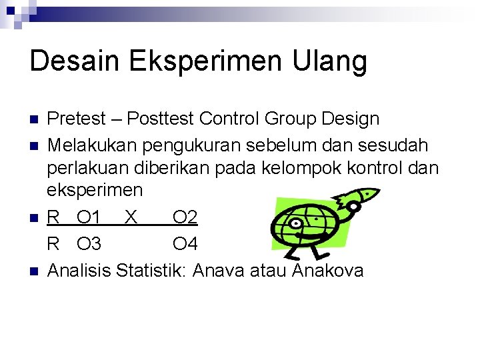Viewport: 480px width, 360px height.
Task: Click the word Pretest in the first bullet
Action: [x=77, y=119]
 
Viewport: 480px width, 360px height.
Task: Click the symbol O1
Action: [x=89, y=217]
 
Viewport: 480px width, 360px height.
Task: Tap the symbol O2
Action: [x=185, y=217]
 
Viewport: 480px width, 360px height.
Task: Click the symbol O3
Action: [x=89, y=244]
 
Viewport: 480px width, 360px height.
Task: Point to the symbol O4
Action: [x=185, y=244]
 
